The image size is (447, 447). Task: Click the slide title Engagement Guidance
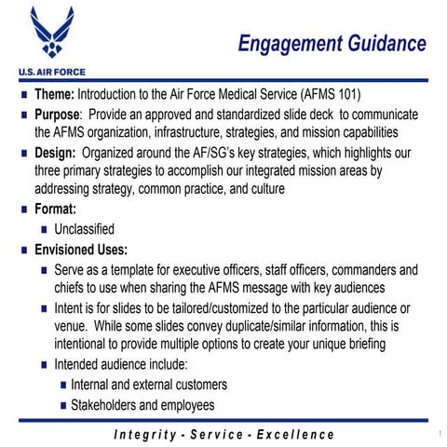332,44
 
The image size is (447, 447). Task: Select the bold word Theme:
55,96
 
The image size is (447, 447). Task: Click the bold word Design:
56,152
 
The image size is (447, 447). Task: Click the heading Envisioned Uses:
81,250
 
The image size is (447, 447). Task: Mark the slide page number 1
436,435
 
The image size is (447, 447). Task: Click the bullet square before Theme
21,96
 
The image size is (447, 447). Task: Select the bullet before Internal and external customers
61,385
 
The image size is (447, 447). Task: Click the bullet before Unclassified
43,229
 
